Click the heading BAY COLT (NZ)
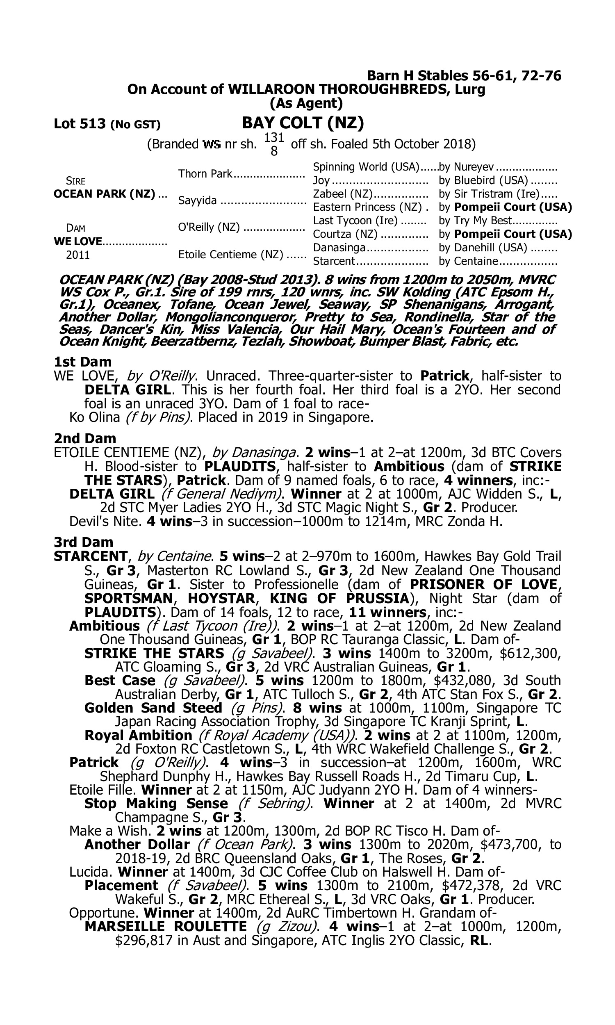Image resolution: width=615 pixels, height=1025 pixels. click(x=303, y=123)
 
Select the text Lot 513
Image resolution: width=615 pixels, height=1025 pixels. click(x=80, y=124)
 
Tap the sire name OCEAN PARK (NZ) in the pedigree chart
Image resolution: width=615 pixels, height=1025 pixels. click(x=105, y=194)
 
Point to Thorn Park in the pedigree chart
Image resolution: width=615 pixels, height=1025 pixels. click(x=205, y=173)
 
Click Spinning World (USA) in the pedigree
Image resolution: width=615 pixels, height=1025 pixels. click(x=367, y=166)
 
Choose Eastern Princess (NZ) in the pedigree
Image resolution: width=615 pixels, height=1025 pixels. click(x=367, y=207)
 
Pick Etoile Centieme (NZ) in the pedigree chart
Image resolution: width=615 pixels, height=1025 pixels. click(x=231, y=254)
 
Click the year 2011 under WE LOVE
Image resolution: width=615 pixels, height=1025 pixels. click(x=78, y=255)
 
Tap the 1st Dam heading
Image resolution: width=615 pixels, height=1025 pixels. click(x=82, y=362)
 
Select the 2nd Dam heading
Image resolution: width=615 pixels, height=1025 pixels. click(x=84, y=438)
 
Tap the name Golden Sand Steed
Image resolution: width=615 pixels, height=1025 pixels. click(x=153, y=708)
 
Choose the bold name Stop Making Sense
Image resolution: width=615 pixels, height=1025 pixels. click(x=156, y=804)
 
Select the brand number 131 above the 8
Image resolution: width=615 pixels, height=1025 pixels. click(x=273, y=138)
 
